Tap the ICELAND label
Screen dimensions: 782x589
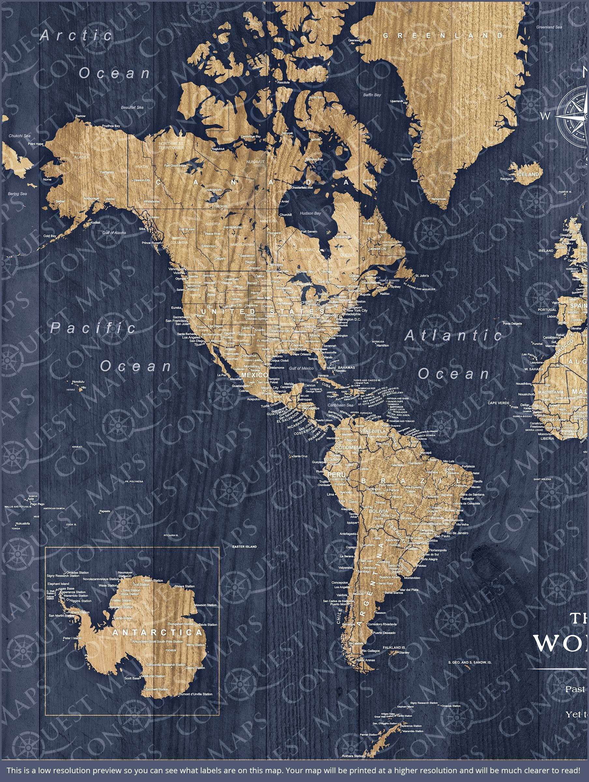coord(528,174)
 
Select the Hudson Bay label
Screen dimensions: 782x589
coord(310,213)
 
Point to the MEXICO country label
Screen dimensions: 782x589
coord(254,375)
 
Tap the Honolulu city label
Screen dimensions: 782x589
coord(78,382)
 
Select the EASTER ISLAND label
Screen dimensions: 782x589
coord(244,547)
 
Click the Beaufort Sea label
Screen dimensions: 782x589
coord(132,108)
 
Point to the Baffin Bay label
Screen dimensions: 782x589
coord(372,95)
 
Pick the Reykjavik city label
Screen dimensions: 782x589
coord(507,179)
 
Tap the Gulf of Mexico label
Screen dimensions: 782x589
coord(301,369)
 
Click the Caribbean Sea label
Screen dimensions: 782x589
coord(340,405)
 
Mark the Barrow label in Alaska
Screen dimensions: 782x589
coord(80,116)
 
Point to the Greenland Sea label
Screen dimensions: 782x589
coord(549,27)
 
